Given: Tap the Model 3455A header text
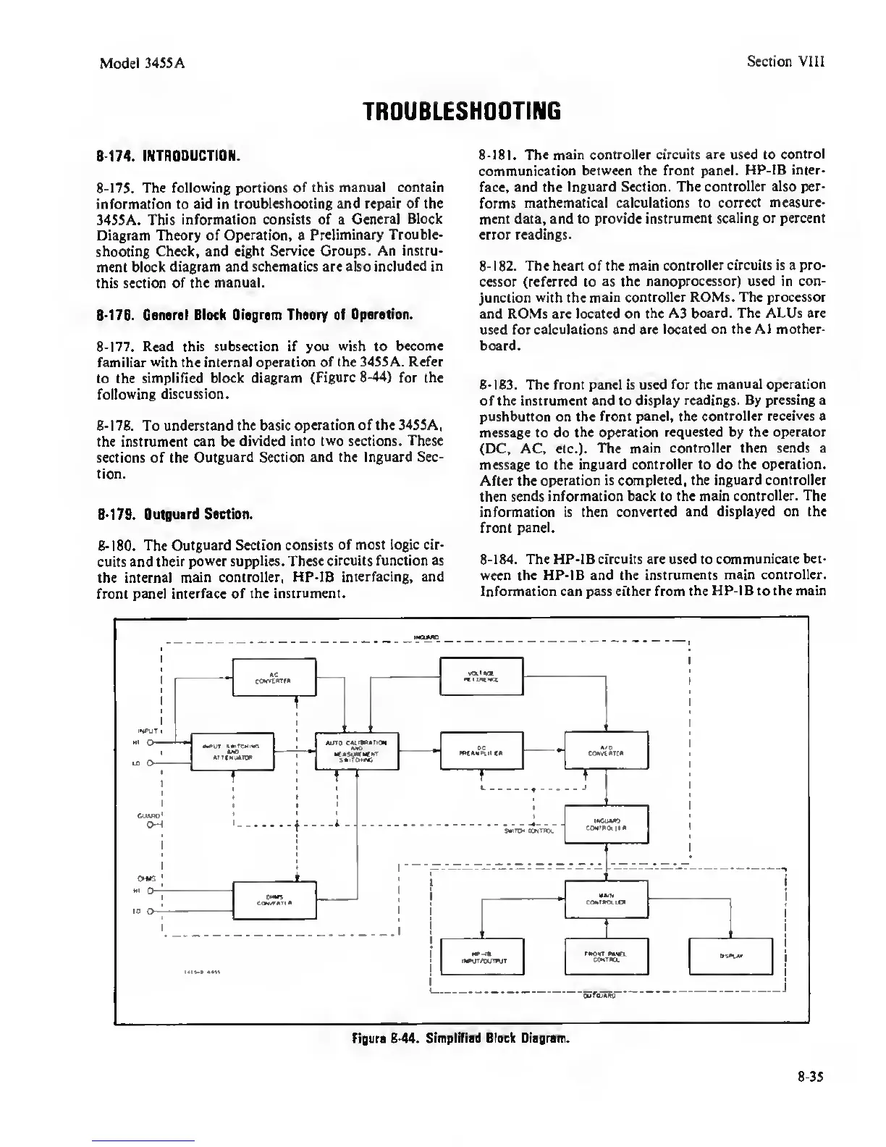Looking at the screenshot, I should tap(142, 62).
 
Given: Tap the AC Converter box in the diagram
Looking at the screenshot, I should tap(273, 676).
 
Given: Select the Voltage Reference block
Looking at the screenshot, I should tap(481, 676).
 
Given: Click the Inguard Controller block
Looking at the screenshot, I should tap(607, 824).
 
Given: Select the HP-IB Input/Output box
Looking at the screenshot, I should tap(481, 957).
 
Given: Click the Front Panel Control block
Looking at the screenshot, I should tap(607, 957).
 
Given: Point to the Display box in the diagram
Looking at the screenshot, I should tap(732, 957).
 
